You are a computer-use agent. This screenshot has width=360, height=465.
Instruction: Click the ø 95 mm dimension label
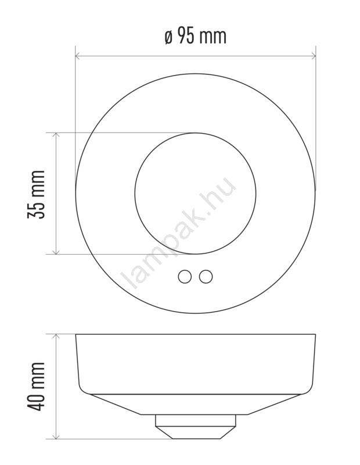coord(196,37)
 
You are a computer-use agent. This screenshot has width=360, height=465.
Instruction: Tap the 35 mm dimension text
coord(36,194)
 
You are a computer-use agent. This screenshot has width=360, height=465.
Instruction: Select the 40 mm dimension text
coord(36,387)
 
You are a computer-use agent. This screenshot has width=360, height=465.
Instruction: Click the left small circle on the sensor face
coord(185,277)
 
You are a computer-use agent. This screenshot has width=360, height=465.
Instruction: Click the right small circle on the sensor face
coord(206,277)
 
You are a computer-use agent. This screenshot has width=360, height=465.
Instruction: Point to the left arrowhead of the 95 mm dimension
coord(78,55)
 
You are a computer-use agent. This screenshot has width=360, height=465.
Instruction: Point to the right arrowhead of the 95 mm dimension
coord(314,55)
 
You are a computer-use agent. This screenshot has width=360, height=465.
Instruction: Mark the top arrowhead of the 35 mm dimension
coord(56,135)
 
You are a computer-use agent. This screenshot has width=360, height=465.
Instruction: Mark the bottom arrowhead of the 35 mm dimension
coord(56,252)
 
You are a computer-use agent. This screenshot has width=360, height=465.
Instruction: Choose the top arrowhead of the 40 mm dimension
coord(56,337)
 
